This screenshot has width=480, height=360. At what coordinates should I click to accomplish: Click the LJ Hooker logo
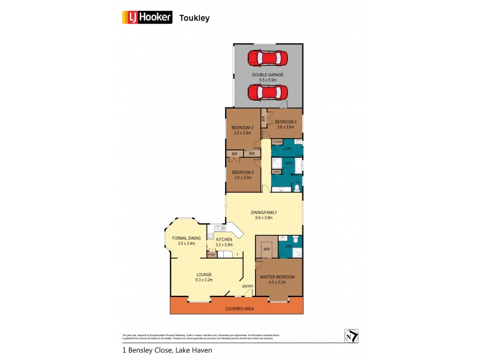click(x=147, y=17)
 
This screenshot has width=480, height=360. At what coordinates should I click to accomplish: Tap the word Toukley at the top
click(x=194, y=18)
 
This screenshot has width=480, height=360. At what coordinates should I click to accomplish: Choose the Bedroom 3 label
click(x=242, y=130)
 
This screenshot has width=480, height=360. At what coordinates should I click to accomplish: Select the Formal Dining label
click(x=187, y=241)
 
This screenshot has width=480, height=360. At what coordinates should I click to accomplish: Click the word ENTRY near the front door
click(x=248, y=286)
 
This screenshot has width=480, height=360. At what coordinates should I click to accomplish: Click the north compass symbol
click(x=352, y=336)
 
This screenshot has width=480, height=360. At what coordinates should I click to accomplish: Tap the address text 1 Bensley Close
click(x=146, y=350)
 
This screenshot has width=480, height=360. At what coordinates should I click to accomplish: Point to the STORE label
click(x=277, y=142)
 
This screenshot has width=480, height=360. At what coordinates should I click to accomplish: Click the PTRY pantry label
click(x=211, y=255)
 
